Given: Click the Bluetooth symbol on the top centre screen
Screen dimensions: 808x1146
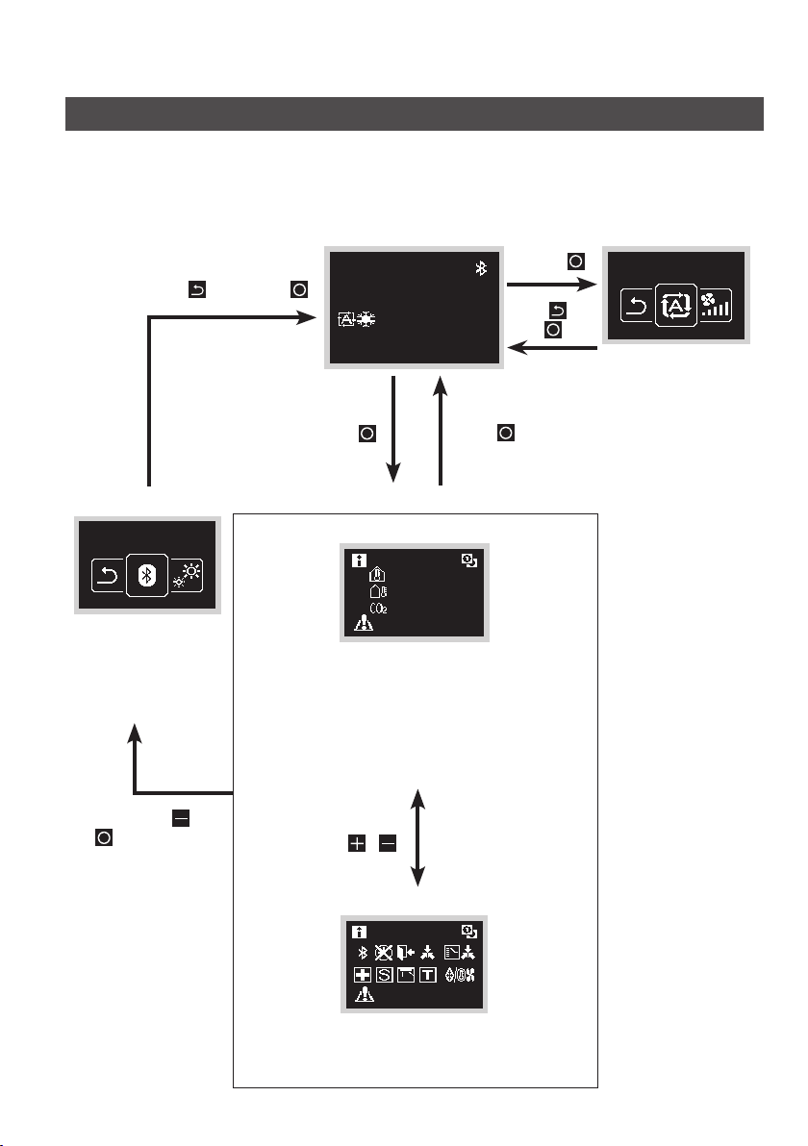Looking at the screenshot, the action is pyautogui.click(x=481, y=268).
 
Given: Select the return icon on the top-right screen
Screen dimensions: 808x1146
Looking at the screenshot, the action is pyautogui.click(x=638, y=306).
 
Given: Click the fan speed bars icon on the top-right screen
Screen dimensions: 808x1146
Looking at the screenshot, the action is pyautogui.click(x=715, y=305).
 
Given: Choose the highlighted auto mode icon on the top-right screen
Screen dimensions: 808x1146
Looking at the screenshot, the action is pyautogui.click(x=676, y=305).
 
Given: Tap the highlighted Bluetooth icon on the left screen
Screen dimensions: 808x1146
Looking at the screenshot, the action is pyautogui.click(x=147, y=576).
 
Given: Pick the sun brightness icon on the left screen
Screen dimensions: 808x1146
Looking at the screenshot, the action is pyautogui.click(x=187, y=576).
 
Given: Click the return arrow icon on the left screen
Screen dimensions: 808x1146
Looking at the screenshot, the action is pyautogui.click(x=109, y=576).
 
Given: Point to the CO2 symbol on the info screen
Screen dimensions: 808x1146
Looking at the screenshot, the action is pyautogui.click(x=379, y=608).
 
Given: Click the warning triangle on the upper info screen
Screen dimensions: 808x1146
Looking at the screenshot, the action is pyautogui.click(x=364, y=623).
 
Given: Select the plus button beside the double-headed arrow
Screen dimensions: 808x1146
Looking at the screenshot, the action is pyautogui.click(x=356, y=843).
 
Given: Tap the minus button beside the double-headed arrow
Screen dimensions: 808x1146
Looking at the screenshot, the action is pyautogui.click(x=388, y=843).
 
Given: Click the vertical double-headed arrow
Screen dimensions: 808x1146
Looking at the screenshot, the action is pyautogui.click(x=417, y=837).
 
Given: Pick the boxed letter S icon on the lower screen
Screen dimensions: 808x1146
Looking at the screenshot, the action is pyautogui.click(x=385, y=974).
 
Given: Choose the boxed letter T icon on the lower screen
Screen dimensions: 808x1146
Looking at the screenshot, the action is pyautogui.click(x=428, y=974).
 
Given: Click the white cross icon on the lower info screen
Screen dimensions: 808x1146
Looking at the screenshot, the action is pyautogui.click(x=363, y=974).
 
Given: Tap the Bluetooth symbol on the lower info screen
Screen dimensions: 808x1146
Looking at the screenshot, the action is pyautogui.click(x=362, y=953).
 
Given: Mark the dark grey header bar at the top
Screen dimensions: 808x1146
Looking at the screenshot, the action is pyautogui.click(x=415, y=114).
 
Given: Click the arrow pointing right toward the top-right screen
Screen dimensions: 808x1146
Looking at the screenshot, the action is pyautogui.click(x=553, y=285).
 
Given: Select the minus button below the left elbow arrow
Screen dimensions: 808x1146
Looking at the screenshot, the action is pyautogui.click(x=181, y=818).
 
